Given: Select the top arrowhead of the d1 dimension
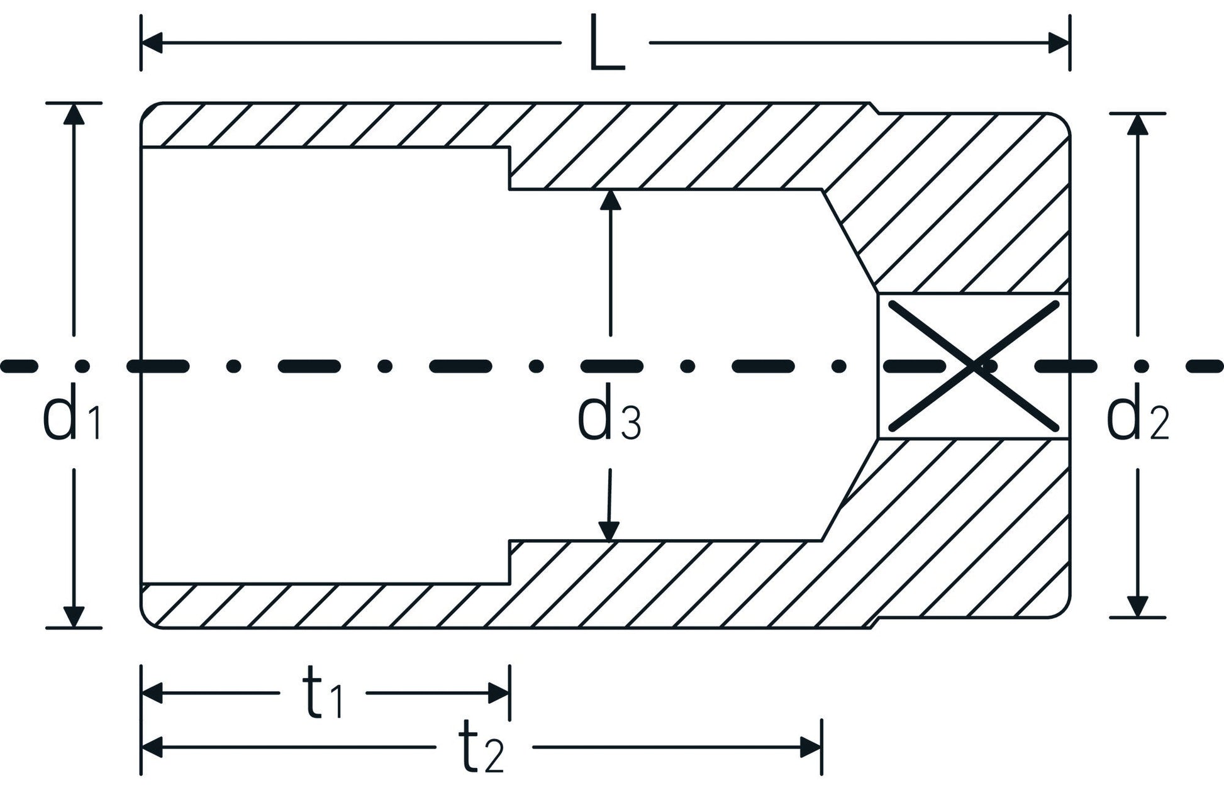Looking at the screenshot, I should pos(74,113).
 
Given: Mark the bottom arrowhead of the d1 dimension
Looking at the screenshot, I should pos(74,616).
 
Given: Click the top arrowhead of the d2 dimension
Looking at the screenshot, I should pos(1137,125).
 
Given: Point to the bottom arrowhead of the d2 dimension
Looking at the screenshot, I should pos(1137,606).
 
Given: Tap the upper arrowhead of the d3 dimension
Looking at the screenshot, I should pos(610,199).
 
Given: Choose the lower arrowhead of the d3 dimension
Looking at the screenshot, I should pos(608,531).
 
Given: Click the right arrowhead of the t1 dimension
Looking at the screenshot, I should pos(499,694).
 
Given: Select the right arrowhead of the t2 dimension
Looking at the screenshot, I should pos(811,748).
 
